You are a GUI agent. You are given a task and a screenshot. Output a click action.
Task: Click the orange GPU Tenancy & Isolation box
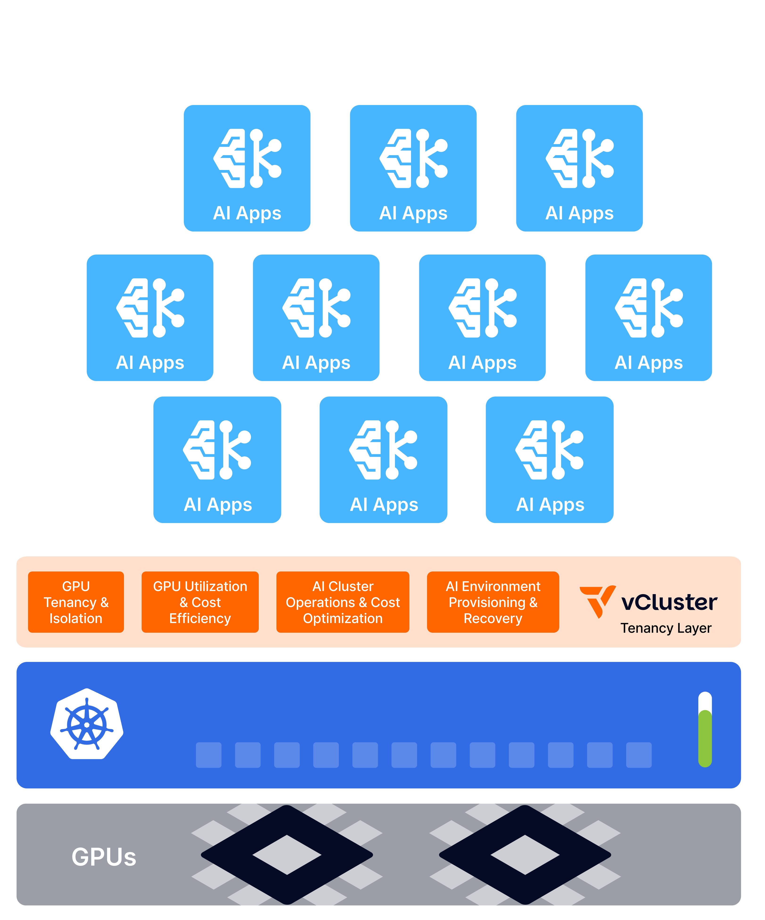click(x=76, y=602)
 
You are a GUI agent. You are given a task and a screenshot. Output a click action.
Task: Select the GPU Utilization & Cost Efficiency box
click(x=200, y=602)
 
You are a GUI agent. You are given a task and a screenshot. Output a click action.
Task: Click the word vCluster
click(x=669, y=602)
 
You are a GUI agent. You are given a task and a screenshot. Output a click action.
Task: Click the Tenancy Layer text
click(x=666, y=628)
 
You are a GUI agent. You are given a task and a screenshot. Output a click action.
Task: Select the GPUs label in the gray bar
click(x=104, y=857)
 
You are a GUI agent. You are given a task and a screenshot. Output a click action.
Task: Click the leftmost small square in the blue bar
click(x=209, y=755)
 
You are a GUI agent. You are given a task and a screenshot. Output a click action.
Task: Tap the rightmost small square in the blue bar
click(x=639, y=755)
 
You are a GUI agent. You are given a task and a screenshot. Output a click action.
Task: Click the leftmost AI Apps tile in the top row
click(x=247, y=168)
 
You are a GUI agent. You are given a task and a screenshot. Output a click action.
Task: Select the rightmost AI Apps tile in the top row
click(x=579, y=168)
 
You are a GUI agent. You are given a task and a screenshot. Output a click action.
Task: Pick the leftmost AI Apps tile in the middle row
click(x=150, y=318)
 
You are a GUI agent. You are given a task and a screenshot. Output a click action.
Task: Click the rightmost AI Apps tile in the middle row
click(x=648, y=318)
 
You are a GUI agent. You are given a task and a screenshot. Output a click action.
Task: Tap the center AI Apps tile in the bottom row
click(x=384, y=460)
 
